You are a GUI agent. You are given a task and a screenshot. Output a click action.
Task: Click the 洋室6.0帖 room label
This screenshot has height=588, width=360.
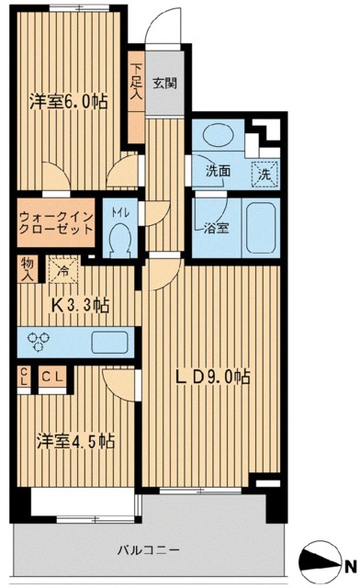click(69, 102)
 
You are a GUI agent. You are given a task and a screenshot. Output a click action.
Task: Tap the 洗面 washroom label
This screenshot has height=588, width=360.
click(217, 170)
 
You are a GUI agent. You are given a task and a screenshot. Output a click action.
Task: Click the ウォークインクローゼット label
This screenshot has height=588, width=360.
click(56, 223)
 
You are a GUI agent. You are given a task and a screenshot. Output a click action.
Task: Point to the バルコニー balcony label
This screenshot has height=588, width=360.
click(147, 552)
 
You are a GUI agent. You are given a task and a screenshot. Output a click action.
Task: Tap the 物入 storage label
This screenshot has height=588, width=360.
click(28, 269)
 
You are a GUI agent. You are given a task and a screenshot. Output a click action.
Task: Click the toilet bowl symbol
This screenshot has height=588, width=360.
click(117, 241)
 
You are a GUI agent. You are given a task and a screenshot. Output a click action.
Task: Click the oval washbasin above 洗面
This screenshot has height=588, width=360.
click(218, 135)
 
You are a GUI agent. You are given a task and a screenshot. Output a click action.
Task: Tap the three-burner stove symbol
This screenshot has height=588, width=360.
click(39, 341)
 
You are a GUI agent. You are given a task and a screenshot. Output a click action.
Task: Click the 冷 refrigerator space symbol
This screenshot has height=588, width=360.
click(62, 271)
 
